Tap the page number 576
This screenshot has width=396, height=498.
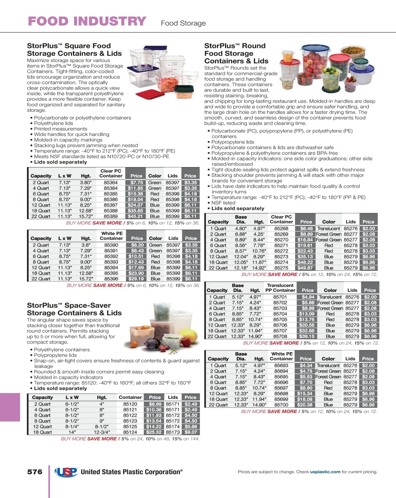(35, 472)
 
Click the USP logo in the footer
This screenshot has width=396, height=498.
(66, 472)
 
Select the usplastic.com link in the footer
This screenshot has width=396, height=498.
(325, 472)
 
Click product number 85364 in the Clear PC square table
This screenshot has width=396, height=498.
(111, 183)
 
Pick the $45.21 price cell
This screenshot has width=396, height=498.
(135, 216)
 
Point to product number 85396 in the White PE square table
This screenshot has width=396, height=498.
(111, 279)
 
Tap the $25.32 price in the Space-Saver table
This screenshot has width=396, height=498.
(154, 432)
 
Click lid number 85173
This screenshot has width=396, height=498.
(173, 432)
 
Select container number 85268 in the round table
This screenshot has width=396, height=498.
(281, 229)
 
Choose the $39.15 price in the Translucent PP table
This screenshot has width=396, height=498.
(307, 336)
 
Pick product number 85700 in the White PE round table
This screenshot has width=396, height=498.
(281, 405)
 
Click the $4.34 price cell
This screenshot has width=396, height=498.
(306, 366)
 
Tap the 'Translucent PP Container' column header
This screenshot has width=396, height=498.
(280, 288)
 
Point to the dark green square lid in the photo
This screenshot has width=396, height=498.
(184, 89)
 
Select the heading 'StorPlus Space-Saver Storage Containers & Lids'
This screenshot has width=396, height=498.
(74, 309)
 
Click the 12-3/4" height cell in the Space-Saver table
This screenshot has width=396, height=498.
(102, 432)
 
